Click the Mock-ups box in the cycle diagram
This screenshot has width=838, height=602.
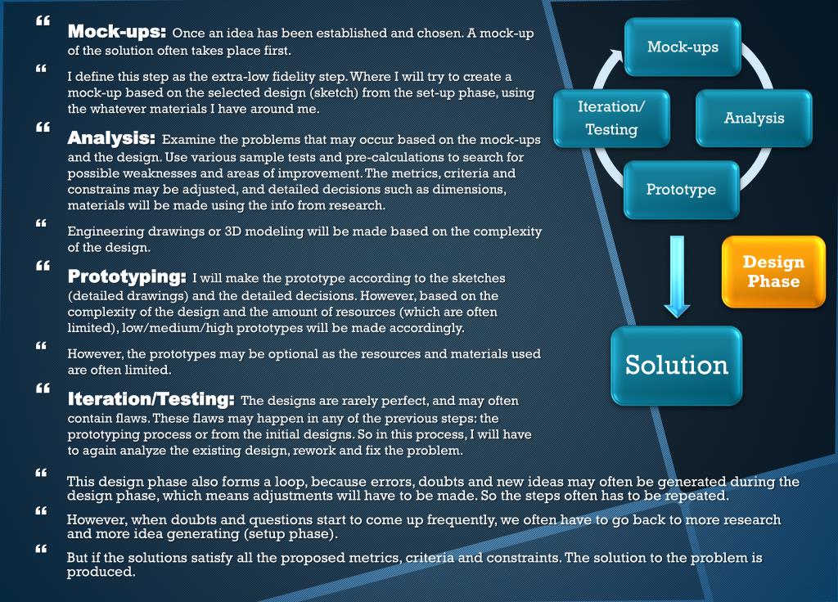click(683, 47)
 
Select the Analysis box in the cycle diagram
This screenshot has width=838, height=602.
click(754, 118)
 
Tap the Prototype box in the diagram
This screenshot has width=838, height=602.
click(681, 189)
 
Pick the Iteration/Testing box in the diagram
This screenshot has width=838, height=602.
click(611, 118)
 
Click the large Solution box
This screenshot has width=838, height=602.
click(677, 365)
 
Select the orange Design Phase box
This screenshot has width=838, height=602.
click(773, 272)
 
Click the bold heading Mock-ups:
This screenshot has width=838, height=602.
click(117, 33)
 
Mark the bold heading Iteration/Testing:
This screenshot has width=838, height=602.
click(151, 401)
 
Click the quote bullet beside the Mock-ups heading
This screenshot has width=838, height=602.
click(43, 20)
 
